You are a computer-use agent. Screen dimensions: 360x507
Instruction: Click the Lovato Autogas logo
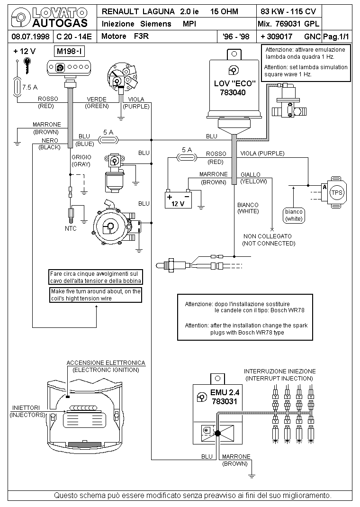tap(50, 18)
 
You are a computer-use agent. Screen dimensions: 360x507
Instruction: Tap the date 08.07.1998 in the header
tap(30, 36)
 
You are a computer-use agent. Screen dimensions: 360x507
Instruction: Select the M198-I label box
tap(70, 52)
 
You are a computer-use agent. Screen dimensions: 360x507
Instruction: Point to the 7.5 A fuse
tap(17, 87)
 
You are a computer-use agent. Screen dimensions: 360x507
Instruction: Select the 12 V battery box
tap(178, 200)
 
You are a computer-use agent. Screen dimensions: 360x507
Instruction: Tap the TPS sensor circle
tap(337, 193)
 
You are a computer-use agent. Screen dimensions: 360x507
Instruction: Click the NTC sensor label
tap(71, 228)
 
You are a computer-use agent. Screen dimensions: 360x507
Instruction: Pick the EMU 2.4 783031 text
tap(225, 397)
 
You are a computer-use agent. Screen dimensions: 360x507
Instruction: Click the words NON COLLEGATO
tap(268, 236)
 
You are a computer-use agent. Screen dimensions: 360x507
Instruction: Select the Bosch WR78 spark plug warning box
tap(245, 317)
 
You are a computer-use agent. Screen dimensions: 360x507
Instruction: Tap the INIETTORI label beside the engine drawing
tap(26, 408)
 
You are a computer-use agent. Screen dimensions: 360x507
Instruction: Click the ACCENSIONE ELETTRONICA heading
tap(106, 363)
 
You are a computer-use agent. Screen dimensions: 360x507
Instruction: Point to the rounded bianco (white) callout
tap(294, 215)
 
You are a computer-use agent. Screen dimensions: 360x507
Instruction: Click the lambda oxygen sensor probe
tap(174, 265)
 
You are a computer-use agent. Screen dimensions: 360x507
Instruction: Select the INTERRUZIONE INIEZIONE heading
tap(279, 371)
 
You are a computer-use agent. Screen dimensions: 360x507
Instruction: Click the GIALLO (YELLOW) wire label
tap(254, 178)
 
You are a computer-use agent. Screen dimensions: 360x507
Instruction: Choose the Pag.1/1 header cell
tap(336, 36)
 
